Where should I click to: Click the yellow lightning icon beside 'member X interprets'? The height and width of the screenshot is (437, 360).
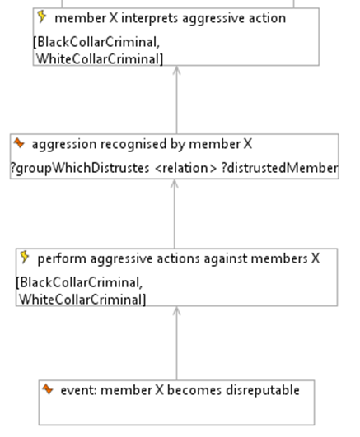click(41, 16)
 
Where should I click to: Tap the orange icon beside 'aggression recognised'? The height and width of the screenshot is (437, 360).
click(19, 143)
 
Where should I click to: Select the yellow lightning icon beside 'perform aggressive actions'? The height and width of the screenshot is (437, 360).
click(25, 257)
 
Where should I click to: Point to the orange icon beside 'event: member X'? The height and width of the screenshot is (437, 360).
click(48, 388)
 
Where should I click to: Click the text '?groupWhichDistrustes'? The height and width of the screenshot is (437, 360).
click(80, 169)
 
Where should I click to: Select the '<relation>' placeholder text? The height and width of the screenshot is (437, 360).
click(185, 168)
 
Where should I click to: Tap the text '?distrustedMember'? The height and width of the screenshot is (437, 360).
click(280, 168)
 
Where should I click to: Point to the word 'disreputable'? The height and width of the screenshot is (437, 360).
click(263, 390)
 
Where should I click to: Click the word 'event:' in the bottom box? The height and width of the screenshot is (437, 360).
click(79, 390)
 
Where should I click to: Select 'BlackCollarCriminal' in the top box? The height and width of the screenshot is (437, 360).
click(96, 42)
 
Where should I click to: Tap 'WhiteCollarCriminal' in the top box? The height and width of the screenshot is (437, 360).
click(100, 59)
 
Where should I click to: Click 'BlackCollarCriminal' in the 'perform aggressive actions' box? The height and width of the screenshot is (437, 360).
click(79, 282)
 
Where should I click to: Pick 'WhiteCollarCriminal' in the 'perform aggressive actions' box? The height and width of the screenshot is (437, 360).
click(82, 300)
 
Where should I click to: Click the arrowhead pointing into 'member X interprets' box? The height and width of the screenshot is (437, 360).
click(176, 70)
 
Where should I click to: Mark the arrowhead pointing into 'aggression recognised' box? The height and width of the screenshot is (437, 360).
click(175, 184)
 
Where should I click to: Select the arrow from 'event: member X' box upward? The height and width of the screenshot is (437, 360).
click(176, 343)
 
